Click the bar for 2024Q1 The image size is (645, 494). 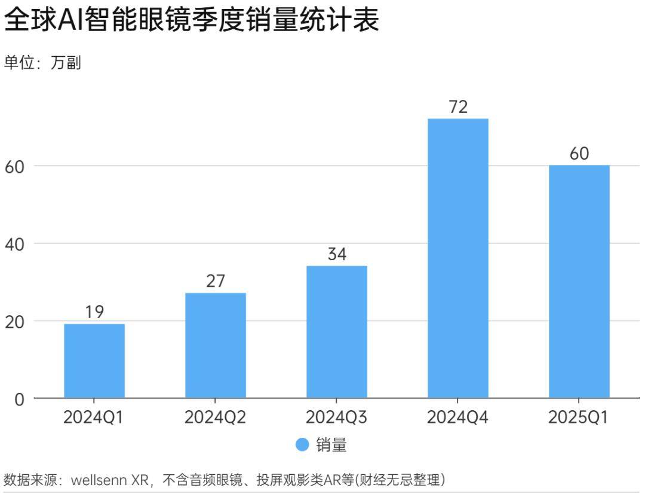click(94, 361)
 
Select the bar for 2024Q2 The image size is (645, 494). click(216, 345)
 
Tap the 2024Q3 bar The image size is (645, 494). click(337, 331)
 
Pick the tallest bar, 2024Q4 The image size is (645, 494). click(458, 258)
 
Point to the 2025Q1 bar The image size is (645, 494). click(579, 281)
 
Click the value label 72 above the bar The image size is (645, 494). click(458, 107)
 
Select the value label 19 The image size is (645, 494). click(94, 312)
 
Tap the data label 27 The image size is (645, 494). click(216, 281)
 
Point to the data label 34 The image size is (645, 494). click(337, 254)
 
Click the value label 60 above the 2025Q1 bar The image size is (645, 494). click(579, 154)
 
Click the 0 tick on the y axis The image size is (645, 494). click(20, 399)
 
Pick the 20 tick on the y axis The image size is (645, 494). click(16, 321)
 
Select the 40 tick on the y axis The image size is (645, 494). click(16, 244)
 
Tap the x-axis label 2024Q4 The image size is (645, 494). click(458, 417)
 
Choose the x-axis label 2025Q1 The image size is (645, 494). click(579, 417)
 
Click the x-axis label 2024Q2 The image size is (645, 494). click(216, 417)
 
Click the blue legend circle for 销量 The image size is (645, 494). click(303, 445)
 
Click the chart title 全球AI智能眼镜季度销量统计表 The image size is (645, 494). click(191, 21)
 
